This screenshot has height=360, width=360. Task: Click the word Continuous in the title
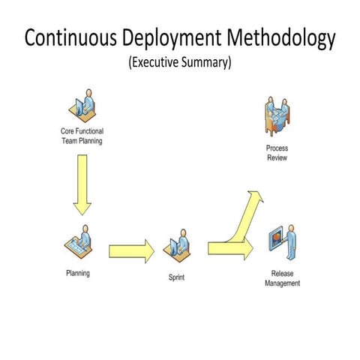click(x=70, y=39)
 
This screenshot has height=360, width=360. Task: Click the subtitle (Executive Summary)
click(x=180, y=63)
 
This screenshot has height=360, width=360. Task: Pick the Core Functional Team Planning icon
click(x=83, y=106)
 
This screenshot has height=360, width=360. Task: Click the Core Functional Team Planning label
click(x=82, y=136)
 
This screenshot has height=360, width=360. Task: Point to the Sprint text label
click(x=176, y=277)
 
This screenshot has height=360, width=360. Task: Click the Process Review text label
click(x=277, y=153)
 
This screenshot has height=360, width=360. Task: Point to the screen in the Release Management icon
click(x=275, y=240)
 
